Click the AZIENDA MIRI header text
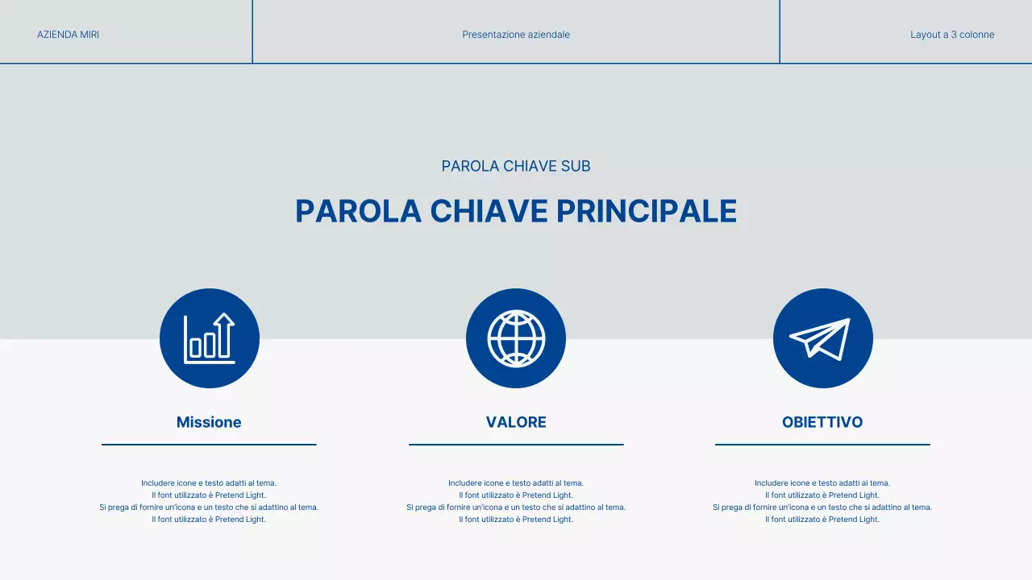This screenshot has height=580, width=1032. [x=68, y=35]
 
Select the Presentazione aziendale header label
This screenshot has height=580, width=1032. [x=516, y=35]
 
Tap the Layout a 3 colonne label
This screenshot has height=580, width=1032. [x=952, y=35]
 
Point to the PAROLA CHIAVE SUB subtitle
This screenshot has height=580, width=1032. [x=516, y=166]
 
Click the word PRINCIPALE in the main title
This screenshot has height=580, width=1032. [x=647, y=211]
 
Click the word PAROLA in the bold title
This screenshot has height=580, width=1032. [x=358, y=211]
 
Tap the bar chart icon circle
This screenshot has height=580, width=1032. [x=210, y=338]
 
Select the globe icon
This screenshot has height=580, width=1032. [x=516, y=338]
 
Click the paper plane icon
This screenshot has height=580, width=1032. [x=822, y=338]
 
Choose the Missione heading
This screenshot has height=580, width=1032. [x=209, y=422]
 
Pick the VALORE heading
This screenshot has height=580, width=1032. [x=516, y=422]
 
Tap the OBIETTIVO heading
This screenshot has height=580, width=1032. [x=822, y=422]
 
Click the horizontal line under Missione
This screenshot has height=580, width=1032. [x=209, y=444]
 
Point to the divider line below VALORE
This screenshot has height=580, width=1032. [x=516, y=444]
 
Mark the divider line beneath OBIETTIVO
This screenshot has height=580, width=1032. [x=822, y=444]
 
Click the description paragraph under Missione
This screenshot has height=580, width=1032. [x=209, y=501]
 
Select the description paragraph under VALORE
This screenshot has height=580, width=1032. [x=516, y=501]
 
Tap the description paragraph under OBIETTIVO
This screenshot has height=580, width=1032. [x=822, y=501]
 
